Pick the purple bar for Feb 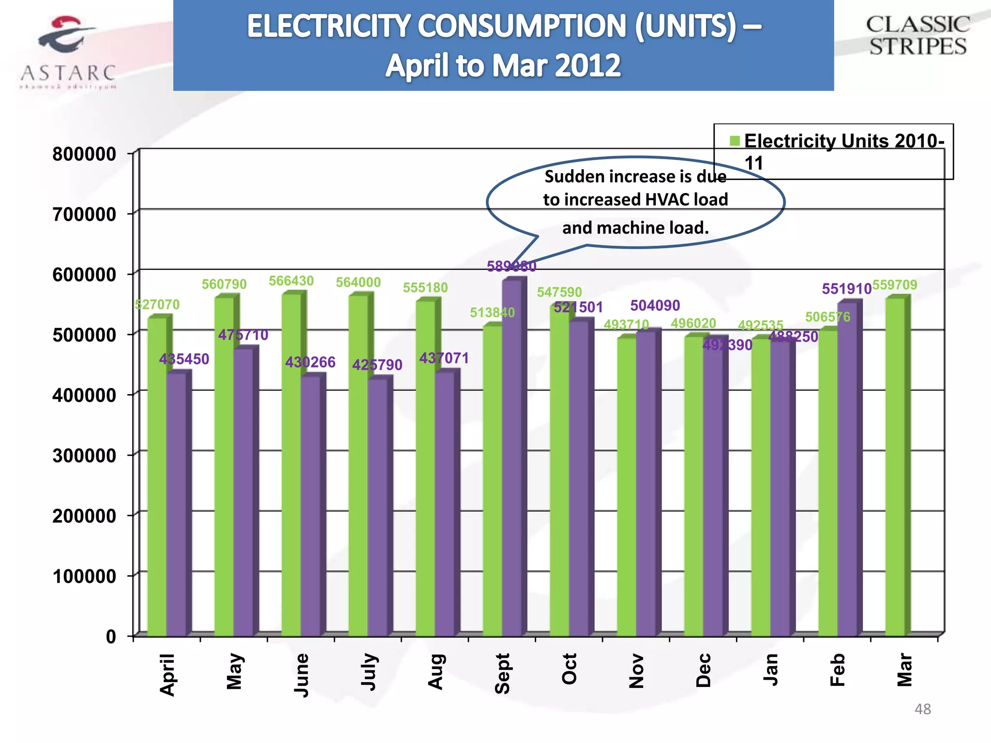[847, 469]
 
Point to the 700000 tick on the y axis [84, 214]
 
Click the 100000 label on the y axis [84, 576]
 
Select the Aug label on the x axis [435, 671]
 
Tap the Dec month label [704, 670]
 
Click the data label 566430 [291, 281]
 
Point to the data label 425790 [377, 365]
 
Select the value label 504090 [655, 306]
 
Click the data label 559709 [894, 285]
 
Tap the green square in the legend [735, 141]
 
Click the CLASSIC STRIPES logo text [917, 36]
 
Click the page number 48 [922, 709]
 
